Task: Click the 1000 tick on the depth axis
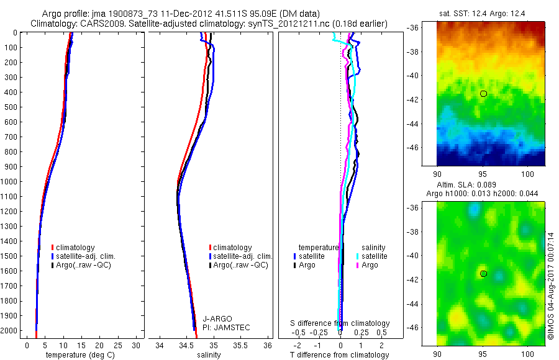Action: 9,182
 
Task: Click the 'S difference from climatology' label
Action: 340,323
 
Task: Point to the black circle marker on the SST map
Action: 483,94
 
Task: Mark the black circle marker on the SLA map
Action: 483,274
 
